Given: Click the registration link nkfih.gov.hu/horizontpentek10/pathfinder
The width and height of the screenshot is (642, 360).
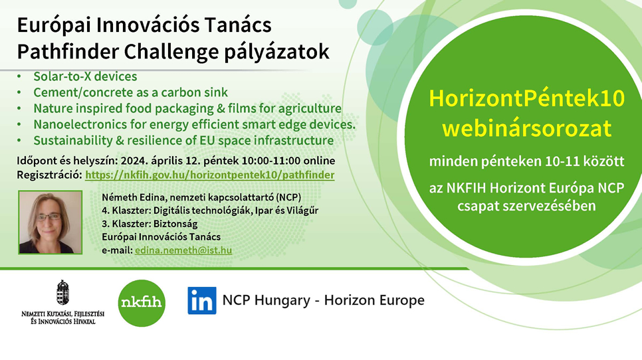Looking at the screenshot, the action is (x=209, y=175).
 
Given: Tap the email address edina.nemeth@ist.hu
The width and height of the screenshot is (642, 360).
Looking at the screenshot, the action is (x=183, y=250).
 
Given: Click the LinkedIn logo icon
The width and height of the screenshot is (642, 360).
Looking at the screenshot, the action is (x=202, y=300).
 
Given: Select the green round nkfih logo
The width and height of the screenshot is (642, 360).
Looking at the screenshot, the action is (x=142, y=303).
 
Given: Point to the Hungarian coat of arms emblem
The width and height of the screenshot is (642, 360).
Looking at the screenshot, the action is (x=62, y=293).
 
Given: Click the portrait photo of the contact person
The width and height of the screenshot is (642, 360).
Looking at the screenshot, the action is (x=51, y=222).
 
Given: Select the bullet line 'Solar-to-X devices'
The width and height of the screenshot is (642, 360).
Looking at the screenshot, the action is (x=85, y=76).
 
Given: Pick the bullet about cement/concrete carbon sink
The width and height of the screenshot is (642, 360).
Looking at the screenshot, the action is (x=131, y=92).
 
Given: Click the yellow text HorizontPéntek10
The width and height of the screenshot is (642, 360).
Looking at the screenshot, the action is (x=526, y=98).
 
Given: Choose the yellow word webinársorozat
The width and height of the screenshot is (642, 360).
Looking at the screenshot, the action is (x=526, y=128).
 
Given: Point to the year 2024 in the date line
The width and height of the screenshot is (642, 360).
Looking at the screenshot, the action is (x=134, y=161).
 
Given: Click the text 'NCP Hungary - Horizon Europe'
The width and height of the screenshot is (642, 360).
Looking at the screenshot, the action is (x=324, y=300).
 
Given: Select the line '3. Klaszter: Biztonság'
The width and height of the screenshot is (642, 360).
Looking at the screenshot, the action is (x=150, y=224).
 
